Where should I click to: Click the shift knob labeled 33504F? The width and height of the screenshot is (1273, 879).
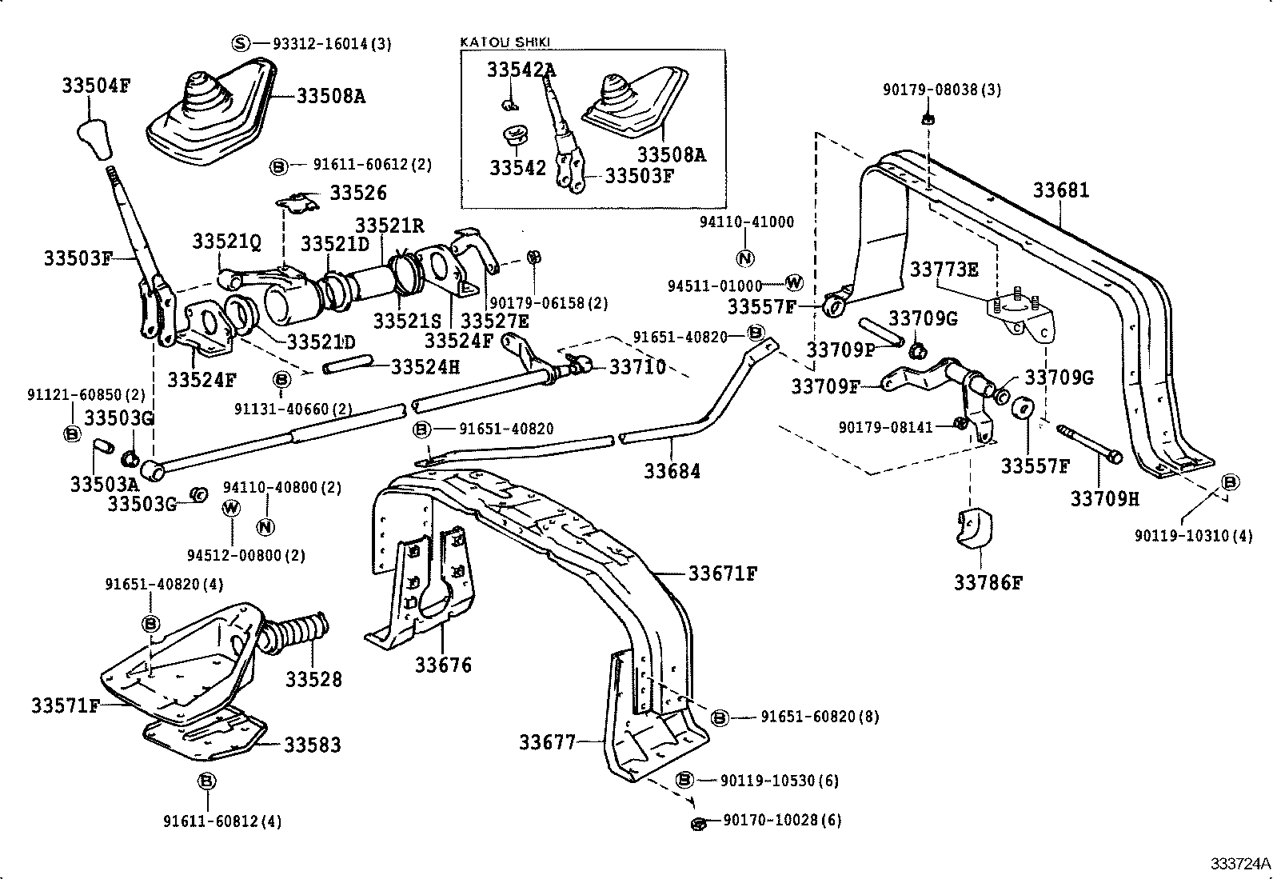coord(95,139)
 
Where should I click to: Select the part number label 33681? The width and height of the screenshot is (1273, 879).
coord(1060,190)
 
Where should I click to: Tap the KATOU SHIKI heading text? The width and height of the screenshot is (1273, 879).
coord(505,42)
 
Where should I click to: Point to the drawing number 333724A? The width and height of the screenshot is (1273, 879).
coord(1239,863)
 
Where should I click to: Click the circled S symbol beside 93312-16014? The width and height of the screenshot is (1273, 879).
coord(241,43)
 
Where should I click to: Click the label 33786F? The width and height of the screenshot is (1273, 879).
coord(988,582)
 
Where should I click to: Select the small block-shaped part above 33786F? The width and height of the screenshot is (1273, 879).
coord(972,529)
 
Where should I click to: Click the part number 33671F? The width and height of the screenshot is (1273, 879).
coord(722,573)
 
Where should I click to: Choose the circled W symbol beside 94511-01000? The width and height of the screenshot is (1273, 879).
coord(793,282)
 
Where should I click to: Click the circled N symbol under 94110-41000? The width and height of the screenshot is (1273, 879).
coord(744,258)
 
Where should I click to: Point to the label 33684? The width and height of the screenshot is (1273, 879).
coord(672,471)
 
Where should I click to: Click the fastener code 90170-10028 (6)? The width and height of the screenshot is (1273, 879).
coord(781,821)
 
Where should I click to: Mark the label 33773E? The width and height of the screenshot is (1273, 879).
coord(943,270)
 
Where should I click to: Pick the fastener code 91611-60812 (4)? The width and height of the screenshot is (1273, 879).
coord(221,821)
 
